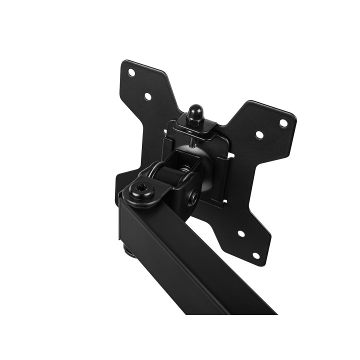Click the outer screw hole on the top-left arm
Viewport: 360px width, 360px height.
click(x=131, y=72)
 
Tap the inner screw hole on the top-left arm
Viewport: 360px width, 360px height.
click(x=147, y=96)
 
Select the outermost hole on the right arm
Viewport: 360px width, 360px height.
click(x=283, y=122)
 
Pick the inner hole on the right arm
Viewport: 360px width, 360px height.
click(x=259, y=134)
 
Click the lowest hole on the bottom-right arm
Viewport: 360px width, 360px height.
click(x=256, y=255)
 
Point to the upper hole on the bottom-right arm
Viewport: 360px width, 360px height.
click(x=240, y=233)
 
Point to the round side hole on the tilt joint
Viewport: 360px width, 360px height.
click(x=193, y=196)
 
